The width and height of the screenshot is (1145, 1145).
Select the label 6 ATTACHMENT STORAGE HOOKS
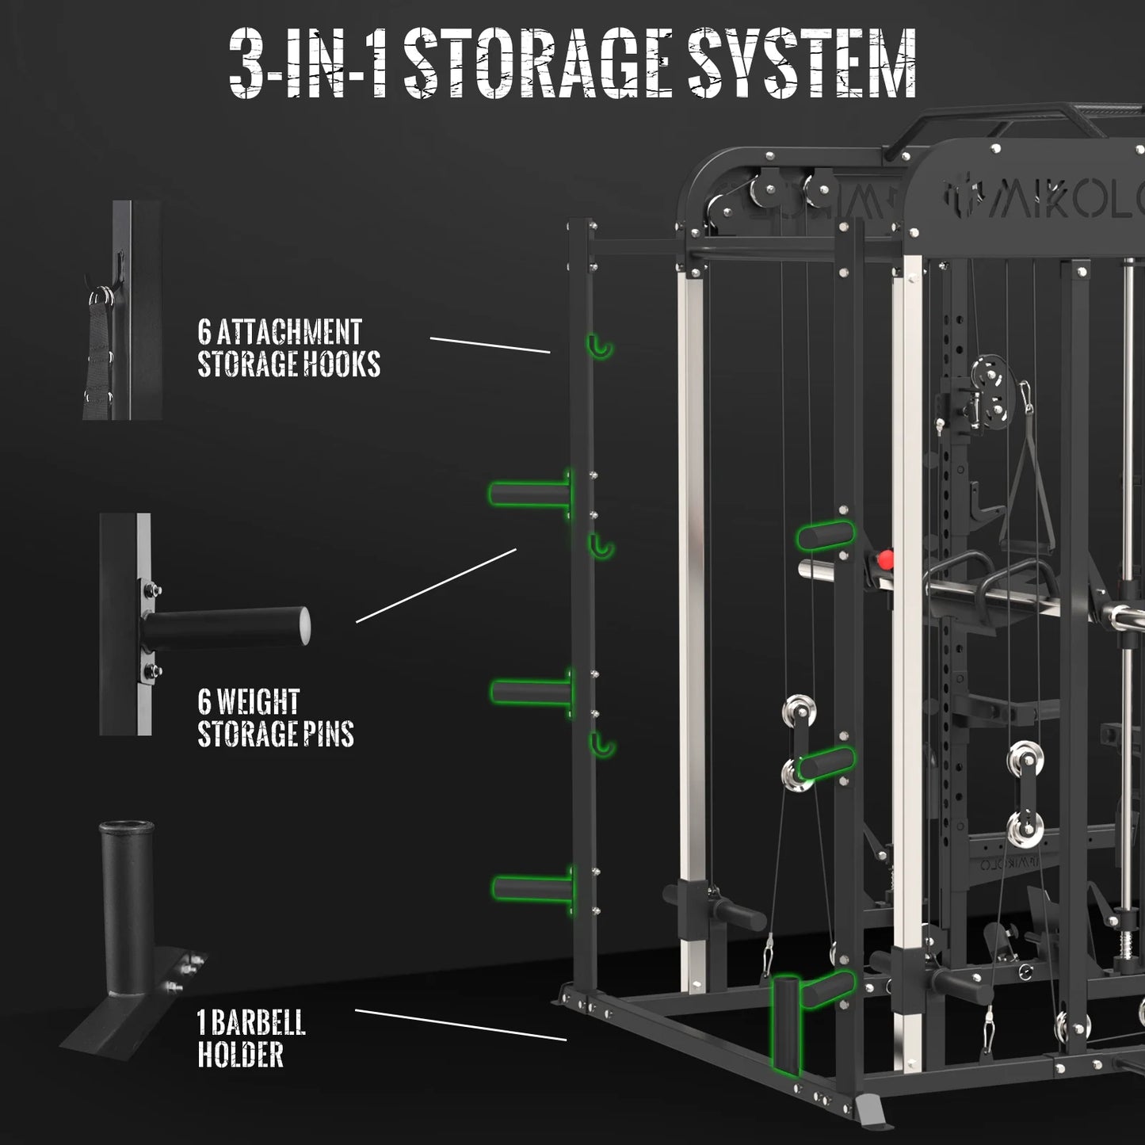[288, 348]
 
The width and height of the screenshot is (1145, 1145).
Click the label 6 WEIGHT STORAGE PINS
[275, 718]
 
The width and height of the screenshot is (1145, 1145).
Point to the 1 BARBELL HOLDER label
[251, 1039]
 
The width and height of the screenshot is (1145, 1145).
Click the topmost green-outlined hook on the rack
[601, 346]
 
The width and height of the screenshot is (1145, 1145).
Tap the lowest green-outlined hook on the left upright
[602, 744]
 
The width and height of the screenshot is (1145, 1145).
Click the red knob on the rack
[885, 560]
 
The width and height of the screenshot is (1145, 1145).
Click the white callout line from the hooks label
[490, 345]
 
